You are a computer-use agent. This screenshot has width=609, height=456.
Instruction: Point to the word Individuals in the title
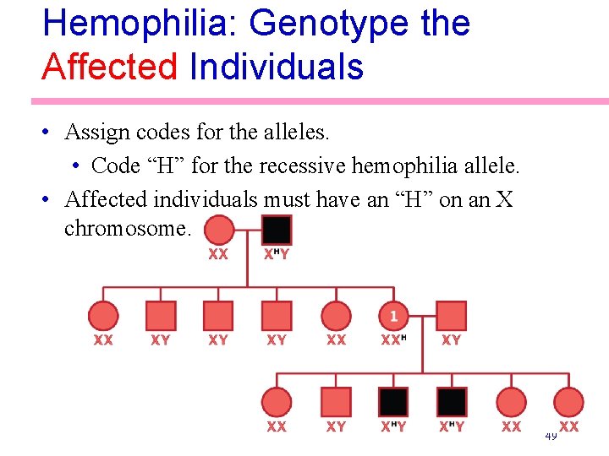pyautogui.click(x=277, y=66)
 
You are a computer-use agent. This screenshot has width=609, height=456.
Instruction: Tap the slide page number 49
pyautogui.click(x=550, y=436)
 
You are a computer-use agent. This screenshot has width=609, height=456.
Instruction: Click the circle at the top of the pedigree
pyautogui.click(x=219, y=230)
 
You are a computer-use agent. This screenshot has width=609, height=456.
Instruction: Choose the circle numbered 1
pyautogui.click(x=393, y=316)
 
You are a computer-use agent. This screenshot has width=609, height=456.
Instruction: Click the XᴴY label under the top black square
pyautogui.click(x=277, y=254)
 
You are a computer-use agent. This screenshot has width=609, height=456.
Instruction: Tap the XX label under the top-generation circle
pyautogui.click(x=218, y=254)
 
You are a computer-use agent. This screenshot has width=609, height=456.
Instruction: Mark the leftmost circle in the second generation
pyautogui.click(x=103, y=316)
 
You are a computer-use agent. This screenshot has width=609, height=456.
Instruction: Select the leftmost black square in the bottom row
pyautogui.click(x=393, y=402)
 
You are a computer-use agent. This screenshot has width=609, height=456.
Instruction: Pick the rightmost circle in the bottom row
pyautogui.click(x=569, y=402)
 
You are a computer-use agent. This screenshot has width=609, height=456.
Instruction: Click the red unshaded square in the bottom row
pyautogui.click(x=336, y=402)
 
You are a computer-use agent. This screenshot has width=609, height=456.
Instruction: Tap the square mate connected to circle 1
pyautogui.click(x=452, y=316)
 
